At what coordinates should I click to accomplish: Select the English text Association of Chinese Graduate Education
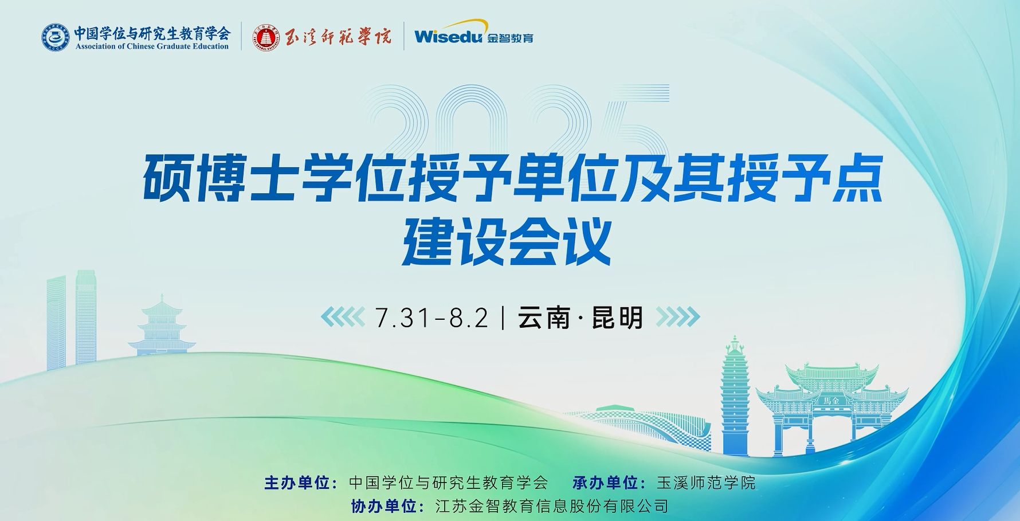pyautogui.click(x=152, y=46)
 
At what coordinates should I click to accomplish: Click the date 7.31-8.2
pyautogui.click(x=431, y=318)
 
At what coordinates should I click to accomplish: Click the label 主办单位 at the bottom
pyautogui.click(x=297, y=483)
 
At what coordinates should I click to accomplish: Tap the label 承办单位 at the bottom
pyautogui.click(x=606, y=483)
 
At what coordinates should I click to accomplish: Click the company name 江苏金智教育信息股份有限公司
pyautogui.click(x=552, y=506)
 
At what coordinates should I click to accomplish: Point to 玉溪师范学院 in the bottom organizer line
pyautogui.click(x=706, y=483)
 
